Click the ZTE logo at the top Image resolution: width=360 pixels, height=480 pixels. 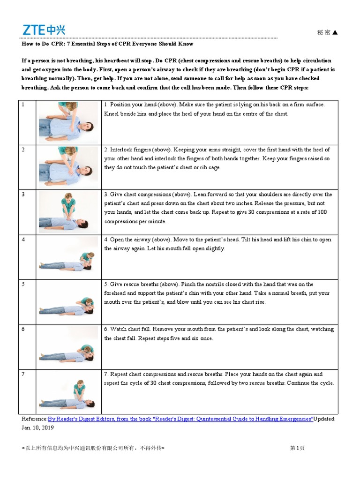(44, 30)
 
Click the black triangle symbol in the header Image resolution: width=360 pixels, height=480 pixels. (334, 32)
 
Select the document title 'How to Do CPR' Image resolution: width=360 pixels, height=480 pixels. (107, 44)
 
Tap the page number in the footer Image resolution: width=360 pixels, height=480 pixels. (297, 448)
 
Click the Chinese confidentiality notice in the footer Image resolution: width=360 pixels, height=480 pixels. (93, 448)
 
